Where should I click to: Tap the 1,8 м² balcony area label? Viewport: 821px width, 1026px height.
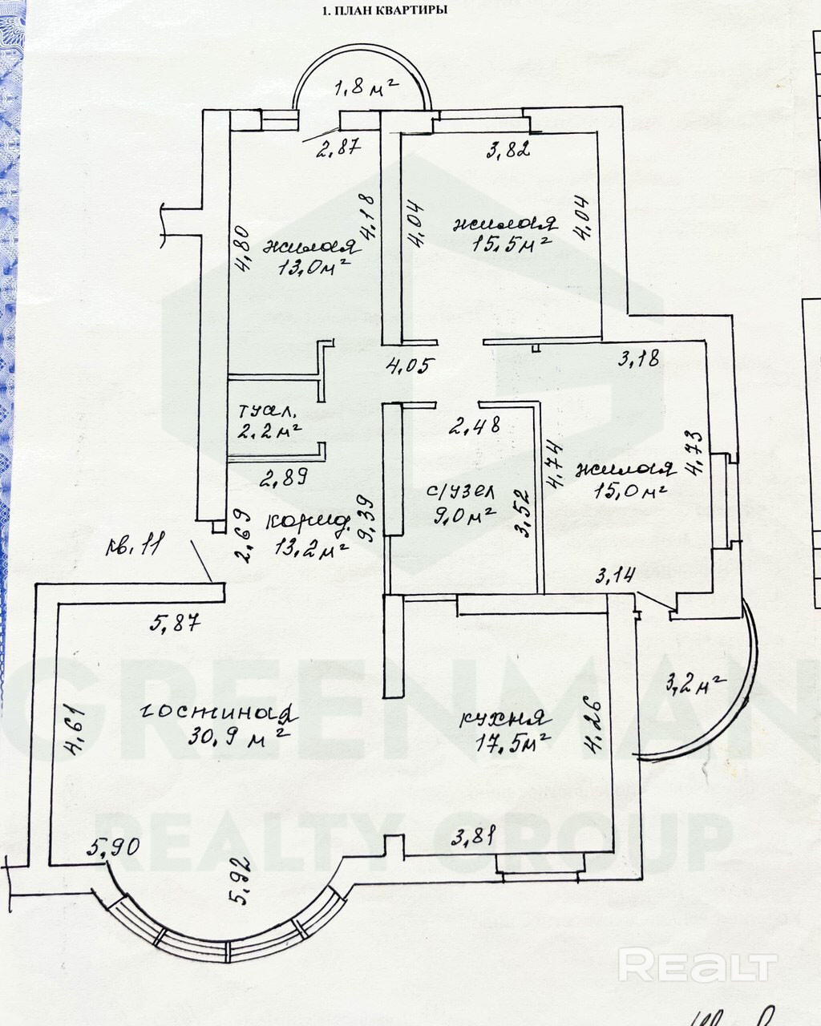click(365, 88)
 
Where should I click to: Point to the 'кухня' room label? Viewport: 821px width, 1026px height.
click(504, 718)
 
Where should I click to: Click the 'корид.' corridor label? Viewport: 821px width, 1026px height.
click(309, 522)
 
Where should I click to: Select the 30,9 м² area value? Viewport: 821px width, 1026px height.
click(237, 736)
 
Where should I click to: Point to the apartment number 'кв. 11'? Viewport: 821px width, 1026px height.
click(133, 548)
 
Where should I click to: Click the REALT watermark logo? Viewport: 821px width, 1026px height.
click(697, 965)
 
